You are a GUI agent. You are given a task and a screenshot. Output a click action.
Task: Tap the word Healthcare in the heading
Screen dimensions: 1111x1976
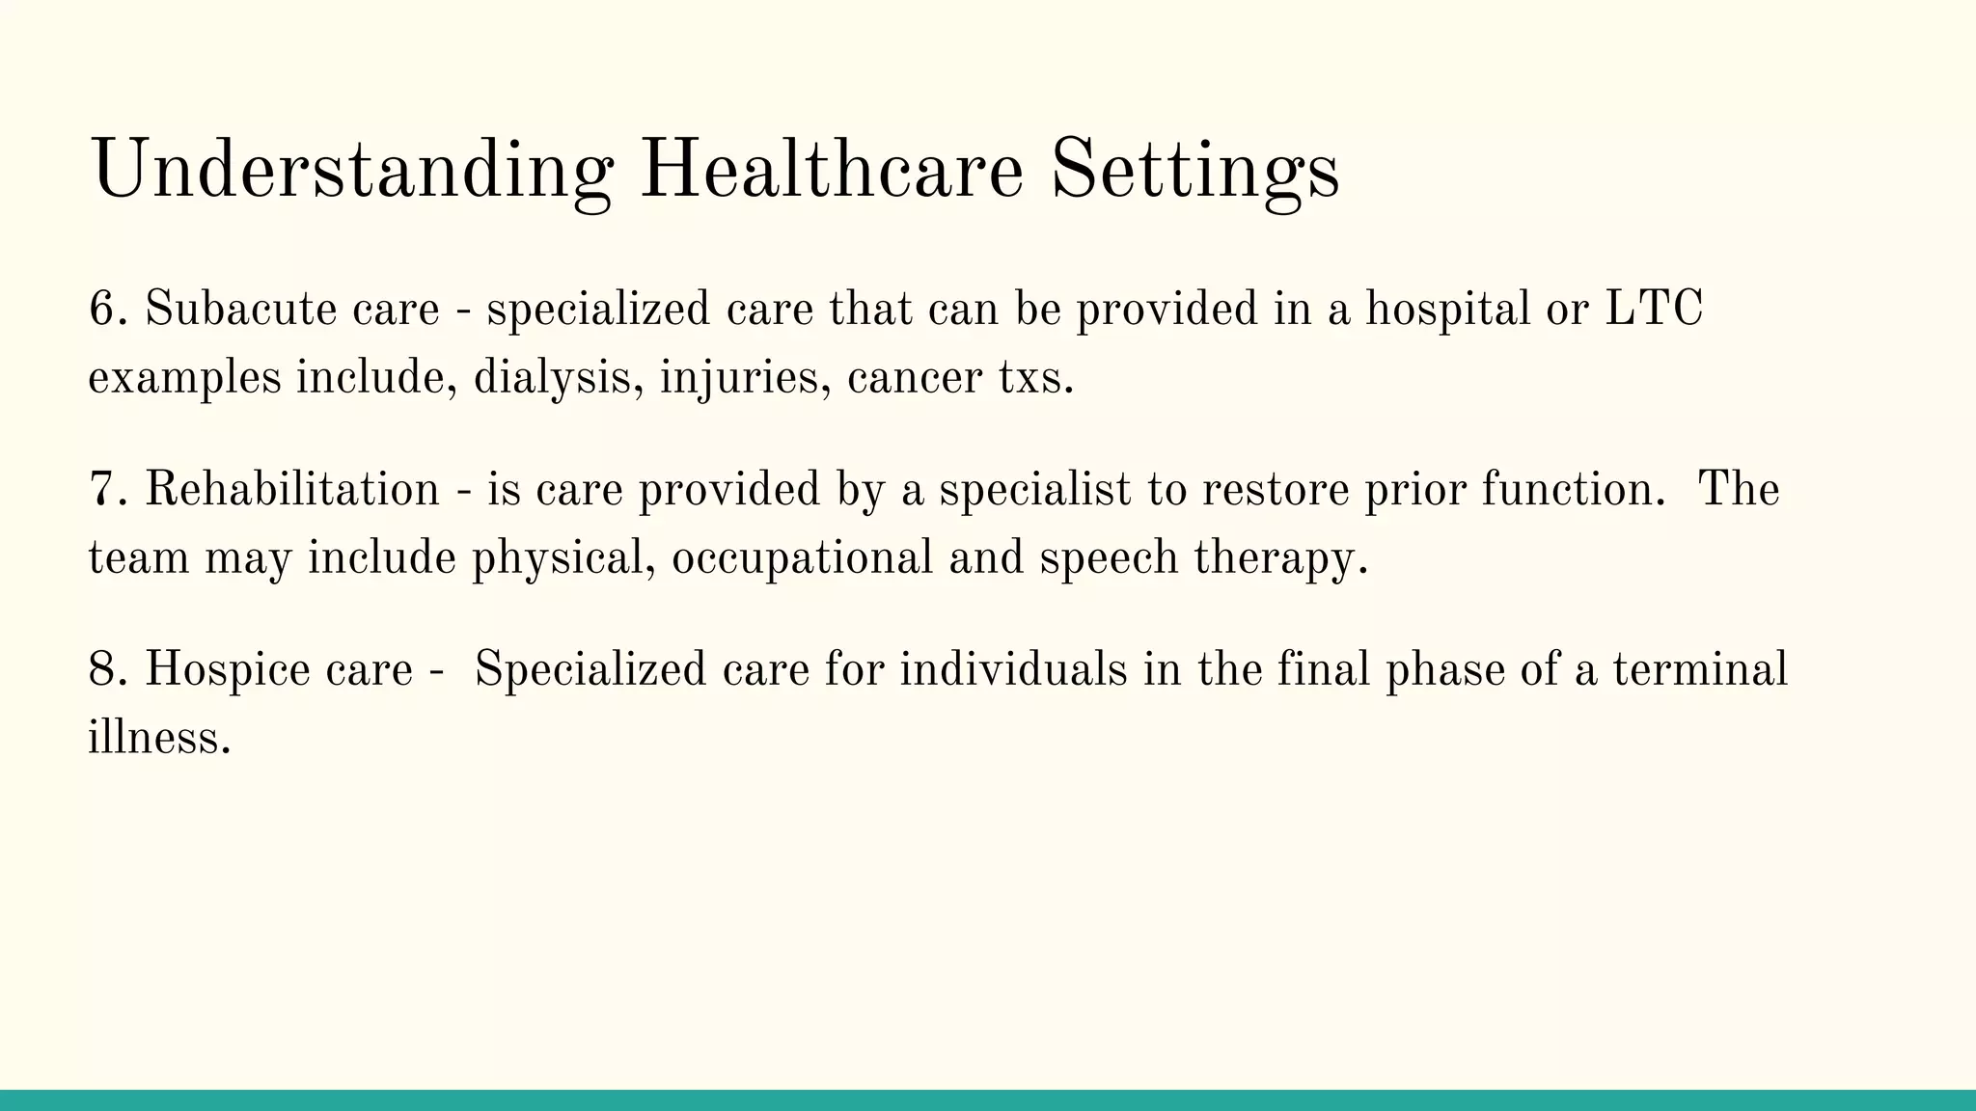(x=831, y=170)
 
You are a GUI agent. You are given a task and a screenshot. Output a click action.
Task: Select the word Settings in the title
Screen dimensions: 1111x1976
(x=1194, y=170)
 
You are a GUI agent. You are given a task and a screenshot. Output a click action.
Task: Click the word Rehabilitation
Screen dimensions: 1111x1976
(x=292, y=490)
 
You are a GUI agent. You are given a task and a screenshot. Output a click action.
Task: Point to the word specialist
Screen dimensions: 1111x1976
(x=1034, y=490)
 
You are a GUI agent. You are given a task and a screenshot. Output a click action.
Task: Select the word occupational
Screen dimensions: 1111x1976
(x=802, y=558)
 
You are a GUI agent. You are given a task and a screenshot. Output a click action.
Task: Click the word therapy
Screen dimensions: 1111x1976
(x=1280, y=558)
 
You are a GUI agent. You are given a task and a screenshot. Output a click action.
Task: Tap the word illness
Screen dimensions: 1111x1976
(x=159, y=739)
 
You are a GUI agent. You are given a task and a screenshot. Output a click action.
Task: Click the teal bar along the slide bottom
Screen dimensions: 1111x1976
(x=988, y=1100)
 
